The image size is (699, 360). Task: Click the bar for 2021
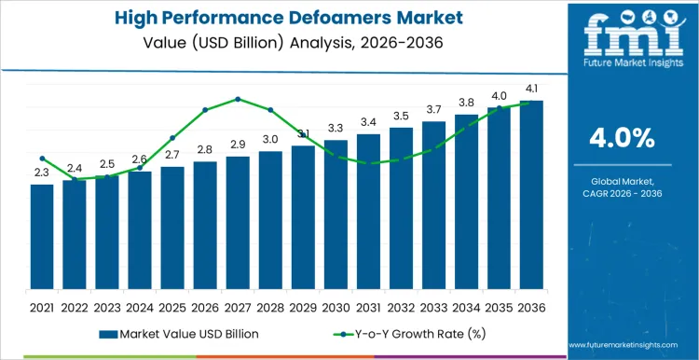pos(42,237)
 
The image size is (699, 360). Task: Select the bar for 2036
pos(531,195)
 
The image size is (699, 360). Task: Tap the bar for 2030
pos(336,215)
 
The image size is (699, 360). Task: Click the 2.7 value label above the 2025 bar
pos(172,155)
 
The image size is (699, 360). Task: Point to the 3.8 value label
pos(466,103)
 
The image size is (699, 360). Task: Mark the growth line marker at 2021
pos(42,159)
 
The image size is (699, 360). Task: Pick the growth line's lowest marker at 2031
pos(368,163)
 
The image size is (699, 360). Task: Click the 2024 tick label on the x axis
pos(140,305)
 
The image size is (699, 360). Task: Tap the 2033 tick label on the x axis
pos(433,305)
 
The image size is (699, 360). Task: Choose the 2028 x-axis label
pos(270,305)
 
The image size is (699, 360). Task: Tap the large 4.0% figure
pos(623,139)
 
